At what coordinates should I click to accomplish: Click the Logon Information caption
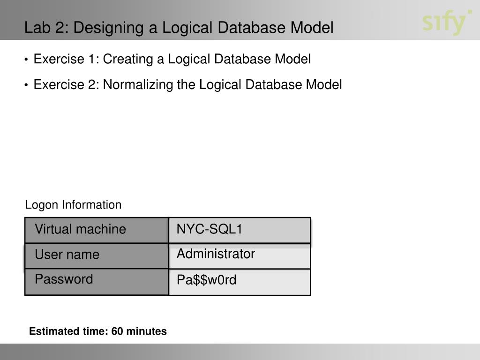click(x=73, y=205)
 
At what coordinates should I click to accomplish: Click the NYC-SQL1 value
click(x=210, y=229)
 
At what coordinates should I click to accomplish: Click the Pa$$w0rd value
click(x=207, y=280)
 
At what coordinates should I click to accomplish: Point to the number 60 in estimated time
click(x=118, y=331)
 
